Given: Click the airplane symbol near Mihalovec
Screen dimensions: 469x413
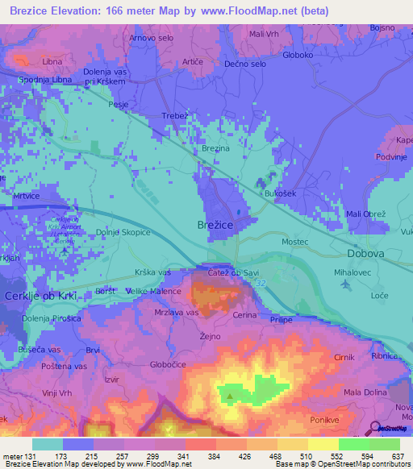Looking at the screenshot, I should point(346,284).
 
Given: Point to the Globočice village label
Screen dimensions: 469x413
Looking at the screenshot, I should point(153,363).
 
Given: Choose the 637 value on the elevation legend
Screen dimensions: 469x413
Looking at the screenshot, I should point(395,455).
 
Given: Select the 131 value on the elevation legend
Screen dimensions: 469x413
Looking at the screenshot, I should point(31,455).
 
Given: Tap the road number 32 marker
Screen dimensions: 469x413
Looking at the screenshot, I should point(240,285).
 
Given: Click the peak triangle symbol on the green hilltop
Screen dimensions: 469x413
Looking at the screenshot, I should point(231,396).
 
